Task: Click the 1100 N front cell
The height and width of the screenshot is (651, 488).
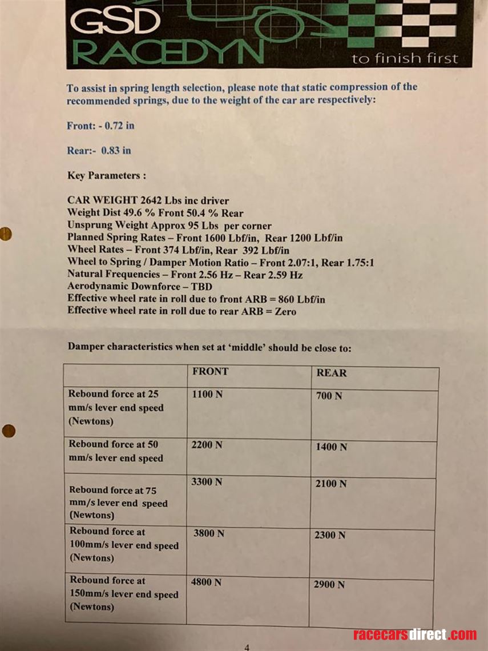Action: tap(207, 395)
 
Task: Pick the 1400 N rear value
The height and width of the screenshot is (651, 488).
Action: tap(331, 447)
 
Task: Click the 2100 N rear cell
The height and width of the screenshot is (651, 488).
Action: tap(331, 484)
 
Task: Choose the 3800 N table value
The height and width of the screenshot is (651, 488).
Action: tap(209, 533)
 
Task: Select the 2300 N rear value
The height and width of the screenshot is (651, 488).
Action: tap(330, 535)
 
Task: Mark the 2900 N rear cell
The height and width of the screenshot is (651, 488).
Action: tap(329, 585)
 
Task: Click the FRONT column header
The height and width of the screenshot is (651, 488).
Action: tap(211, 371)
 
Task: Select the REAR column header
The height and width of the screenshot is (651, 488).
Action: tap(332, 373)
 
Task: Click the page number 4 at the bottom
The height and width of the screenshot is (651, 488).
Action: tap(247, 648)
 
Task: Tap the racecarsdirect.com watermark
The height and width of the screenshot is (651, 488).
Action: tap(415, 634)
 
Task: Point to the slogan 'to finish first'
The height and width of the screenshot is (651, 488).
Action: tap(405, 58)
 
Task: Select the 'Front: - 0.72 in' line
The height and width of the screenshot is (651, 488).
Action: tap(100, 126)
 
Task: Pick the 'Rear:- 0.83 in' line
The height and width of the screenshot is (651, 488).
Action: tap(99, 151)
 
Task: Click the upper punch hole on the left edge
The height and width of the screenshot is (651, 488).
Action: tap(6, 234)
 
